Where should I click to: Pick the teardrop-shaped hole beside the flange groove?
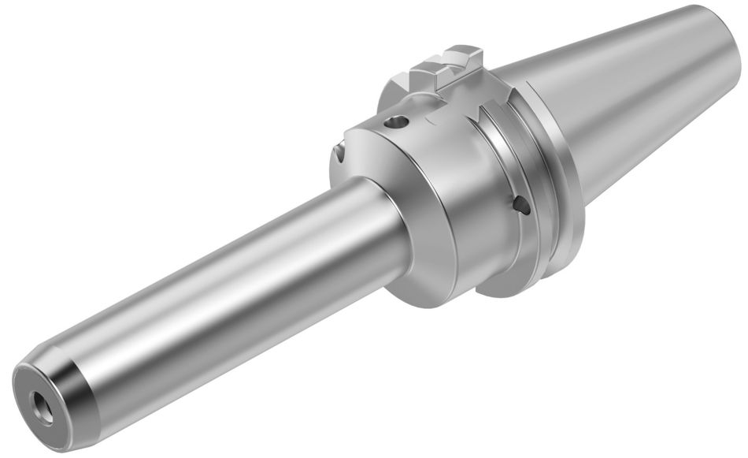pos(520,206)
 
